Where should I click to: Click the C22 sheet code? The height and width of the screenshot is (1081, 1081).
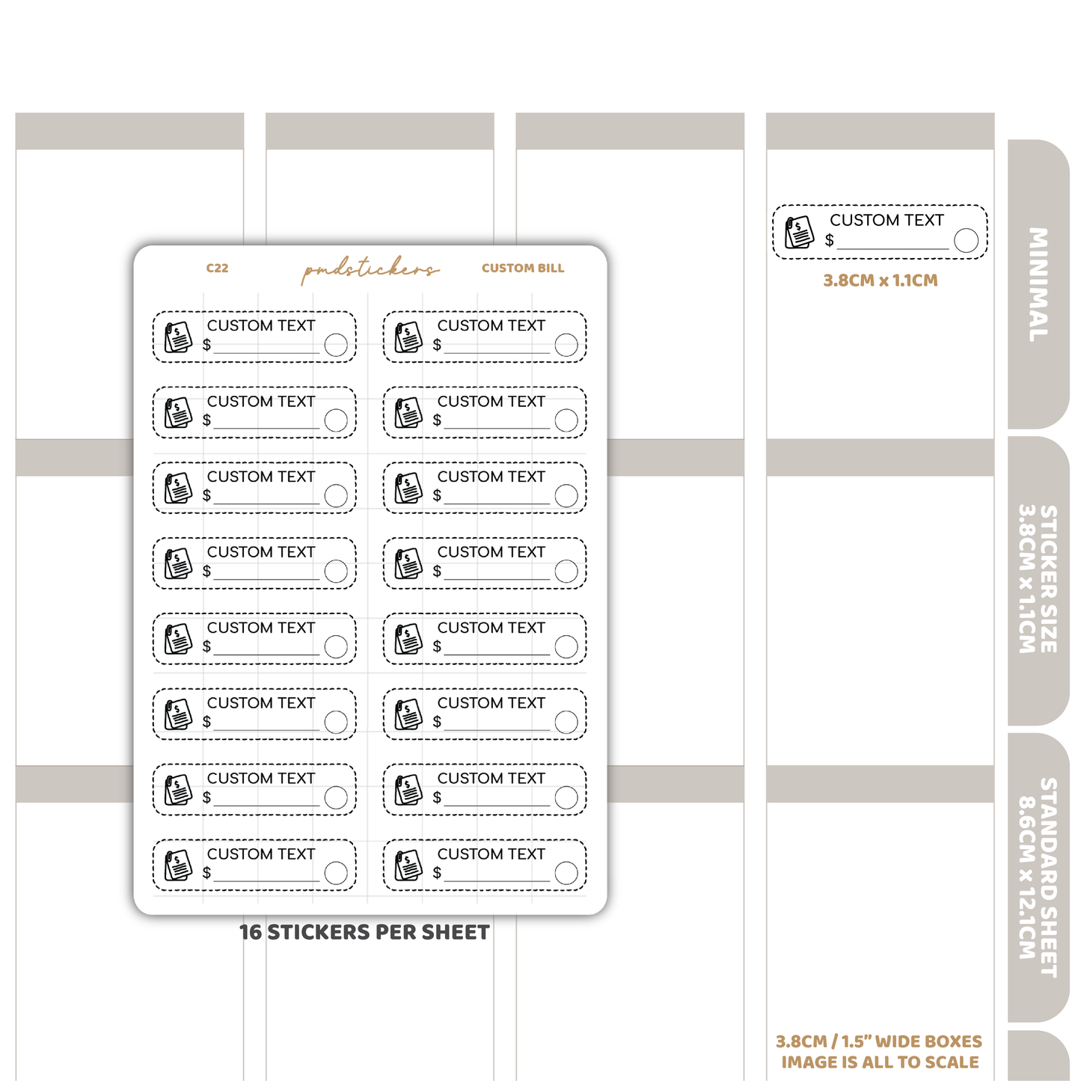point(217,268)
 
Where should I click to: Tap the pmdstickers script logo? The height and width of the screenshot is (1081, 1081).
point(370,269)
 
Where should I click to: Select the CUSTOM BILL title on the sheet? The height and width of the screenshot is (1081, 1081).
point(523,268)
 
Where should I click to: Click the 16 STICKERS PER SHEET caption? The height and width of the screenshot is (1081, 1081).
point(364,932)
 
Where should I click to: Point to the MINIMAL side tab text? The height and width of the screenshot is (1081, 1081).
point(1038,284)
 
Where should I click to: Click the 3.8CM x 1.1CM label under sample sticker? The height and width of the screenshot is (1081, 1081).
point(881,281)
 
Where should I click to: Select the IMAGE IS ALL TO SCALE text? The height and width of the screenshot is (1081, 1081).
point(880,1062)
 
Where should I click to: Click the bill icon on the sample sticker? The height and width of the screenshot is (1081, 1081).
point(800,232)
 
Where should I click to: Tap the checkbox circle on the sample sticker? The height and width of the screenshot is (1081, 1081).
point(966,240)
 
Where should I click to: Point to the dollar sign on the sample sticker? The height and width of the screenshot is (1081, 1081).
point(829,240)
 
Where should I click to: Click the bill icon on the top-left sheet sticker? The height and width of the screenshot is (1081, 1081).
point(178,337)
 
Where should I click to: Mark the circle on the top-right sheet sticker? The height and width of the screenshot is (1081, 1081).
point(566,345)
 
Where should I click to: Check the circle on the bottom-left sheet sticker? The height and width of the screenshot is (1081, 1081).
point(335,873)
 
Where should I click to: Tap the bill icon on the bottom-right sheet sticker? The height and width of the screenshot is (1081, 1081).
point(408,866)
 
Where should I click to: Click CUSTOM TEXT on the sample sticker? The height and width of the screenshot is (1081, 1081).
point(886,220)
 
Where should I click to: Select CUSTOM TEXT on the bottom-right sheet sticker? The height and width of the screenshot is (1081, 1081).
point(491,854)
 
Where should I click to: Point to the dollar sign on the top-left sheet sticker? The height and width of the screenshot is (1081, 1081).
point(207,344)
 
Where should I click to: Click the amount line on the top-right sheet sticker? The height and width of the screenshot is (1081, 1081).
point(497,352)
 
